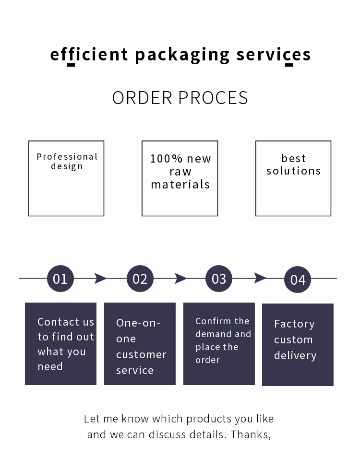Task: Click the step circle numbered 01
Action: tap(60, 278)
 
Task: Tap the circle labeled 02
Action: tap(140, 279)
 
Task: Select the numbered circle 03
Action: tap(219, 279)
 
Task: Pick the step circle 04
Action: tap(298, 280)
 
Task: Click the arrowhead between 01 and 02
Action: tap(100, 278)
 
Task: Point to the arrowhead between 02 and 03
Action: tap(180, 278)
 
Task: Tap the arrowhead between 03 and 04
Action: tap(260, 278)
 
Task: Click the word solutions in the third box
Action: tap(293, 171)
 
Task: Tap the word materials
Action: tap(180, 185)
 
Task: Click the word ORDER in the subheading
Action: tap(142, 98)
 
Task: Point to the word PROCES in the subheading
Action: tap(213, 98)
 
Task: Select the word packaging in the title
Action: tap(182, 55)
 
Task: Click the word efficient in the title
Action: tap(89, 54)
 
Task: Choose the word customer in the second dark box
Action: tap(141, 355)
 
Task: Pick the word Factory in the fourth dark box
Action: tap(294, 324)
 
